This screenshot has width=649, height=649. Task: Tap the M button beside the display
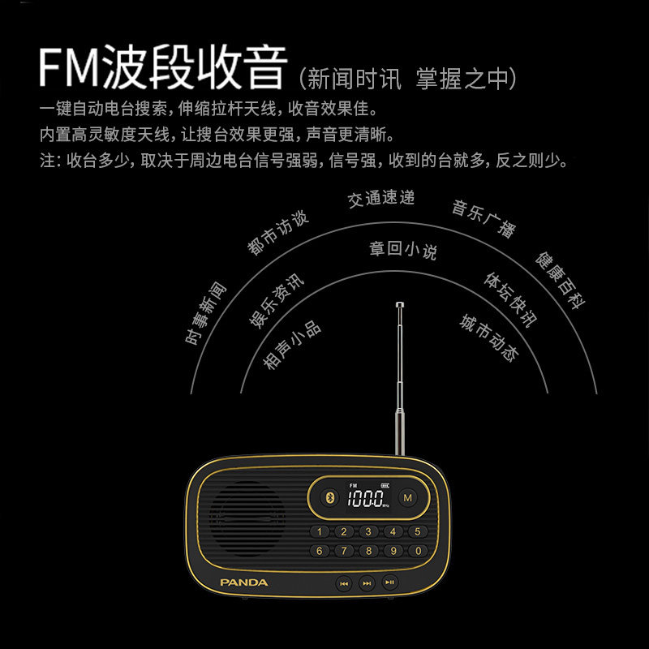pos(407,497)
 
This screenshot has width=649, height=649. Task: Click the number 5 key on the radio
pos(417,532)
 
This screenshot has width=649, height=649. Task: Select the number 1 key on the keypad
pos(320,532)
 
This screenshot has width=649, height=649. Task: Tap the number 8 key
pos(368,551)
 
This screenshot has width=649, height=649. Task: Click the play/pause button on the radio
pos(390,582)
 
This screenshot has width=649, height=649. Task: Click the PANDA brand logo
pos(243,582)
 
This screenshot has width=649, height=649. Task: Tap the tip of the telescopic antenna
pos(399,305)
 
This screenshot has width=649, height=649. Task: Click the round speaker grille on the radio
pos(249,518)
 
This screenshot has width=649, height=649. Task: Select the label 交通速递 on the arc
pos(381,198)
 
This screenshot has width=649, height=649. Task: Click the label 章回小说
pos(403,249)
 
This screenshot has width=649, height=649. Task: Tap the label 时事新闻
pos(207,313)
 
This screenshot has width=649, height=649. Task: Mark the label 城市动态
pos(488,338)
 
